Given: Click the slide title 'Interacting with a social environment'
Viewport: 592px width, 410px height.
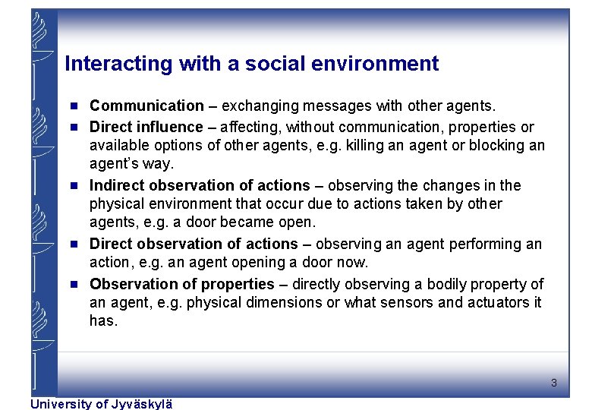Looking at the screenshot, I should click(251, 64).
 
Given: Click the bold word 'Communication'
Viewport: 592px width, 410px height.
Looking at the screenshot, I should click(146, 106).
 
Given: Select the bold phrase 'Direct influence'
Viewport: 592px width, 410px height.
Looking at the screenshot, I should click(146, 127).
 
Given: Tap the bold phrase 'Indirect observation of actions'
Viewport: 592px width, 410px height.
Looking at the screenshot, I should click(200, 185).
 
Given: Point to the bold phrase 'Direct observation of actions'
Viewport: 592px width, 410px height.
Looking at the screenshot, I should click(194, 244).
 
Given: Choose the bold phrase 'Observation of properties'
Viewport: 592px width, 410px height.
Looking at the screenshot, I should click(181, 284).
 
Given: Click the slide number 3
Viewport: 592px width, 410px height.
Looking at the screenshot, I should click(554, 383).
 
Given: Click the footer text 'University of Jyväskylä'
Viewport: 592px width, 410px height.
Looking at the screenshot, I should click(101, 404).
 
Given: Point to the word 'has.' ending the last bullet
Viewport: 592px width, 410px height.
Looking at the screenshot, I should click(103, 321).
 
